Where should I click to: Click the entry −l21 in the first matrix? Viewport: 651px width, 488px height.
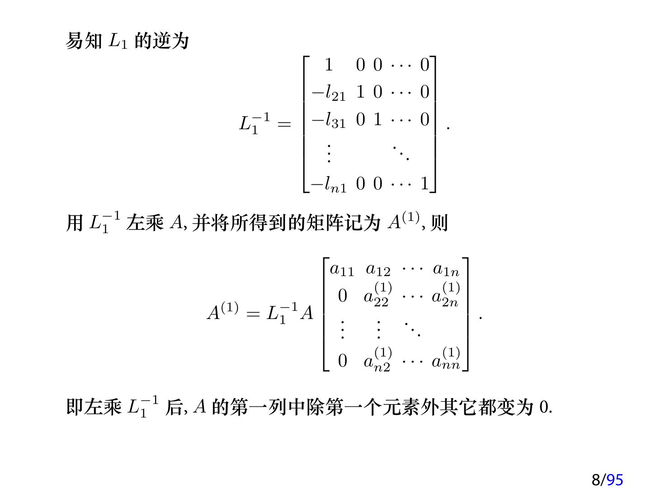click(328, 93)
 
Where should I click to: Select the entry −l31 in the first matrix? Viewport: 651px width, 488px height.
click(328, 120)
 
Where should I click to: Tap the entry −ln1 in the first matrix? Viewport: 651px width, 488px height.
click(329, 184)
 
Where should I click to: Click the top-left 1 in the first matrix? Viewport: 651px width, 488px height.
click(329, 65)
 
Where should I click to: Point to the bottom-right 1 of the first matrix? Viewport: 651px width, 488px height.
click(425, 183)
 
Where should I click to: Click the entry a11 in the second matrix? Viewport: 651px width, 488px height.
click(342, 270)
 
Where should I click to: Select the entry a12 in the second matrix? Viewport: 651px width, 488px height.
click(378, 270)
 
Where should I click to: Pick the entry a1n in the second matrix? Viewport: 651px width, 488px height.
click(446, 270)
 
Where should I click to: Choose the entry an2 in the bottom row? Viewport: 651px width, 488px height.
click(378, 360)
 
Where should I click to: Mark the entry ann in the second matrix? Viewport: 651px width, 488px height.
click(446, 360)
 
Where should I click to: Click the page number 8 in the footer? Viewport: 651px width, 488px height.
click(596, 479)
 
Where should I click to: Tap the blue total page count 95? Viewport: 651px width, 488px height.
click(615, 479)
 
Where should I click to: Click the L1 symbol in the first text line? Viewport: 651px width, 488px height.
click(118, 42)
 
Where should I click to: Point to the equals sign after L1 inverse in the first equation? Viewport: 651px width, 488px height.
click(284, 123)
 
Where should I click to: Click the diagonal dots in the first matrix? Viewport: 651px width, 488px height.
click(401, 153)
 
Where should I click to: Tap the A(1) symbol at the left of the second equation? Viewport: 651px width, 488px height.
click(222, 311)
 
